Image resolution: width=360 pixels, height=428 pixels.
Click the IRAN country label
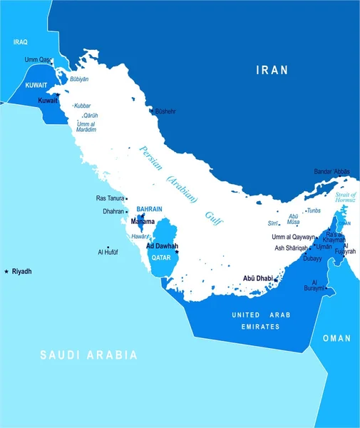pyautogui.click(x=272, y=70)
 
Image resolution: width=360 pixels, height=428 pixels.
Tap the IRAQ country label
pyautogui.click(x=20, y=42)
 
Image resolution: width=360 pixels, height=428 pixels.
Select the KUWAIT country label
pyautogui.click(x=36, y=84)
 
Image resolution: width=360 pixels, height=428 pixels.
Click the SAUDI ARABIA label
pyautogui.click(x=88, y=354)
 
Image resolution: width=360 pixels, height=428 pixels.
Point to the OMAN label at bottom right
pyautogui.click(x=336, y=337)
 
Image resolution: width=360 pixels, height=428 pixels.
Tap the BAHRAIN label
pyautogui.click(x=149, y=209)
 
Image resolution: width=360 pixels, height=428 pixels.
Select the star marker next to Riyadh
pyautogui.click(x=6, y=271)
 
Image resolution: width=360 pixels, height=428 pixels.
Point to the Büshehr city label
pyautogui.click(x=165, y=111)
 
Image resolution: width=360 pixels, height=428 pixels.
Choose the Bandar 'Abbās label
pyautogui.click(x=331, y=171)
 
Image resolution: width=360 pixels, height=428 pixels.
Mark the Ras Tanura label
pyautogui.click(x=110, y=198)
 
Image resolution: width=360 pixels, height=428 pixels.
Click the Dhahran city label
pyautogui.click(x=113, y=211)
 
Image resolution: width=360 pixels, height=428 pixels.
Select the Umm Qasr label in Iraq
pyautogui.click(x=38, y=60)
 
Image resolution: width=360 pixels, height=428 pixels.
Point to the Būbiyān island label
pyautogui.click(x=79, y=79)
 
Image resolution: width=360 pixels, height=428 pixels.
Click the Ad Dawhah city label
pyautogui.click(x=162, y=246)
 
